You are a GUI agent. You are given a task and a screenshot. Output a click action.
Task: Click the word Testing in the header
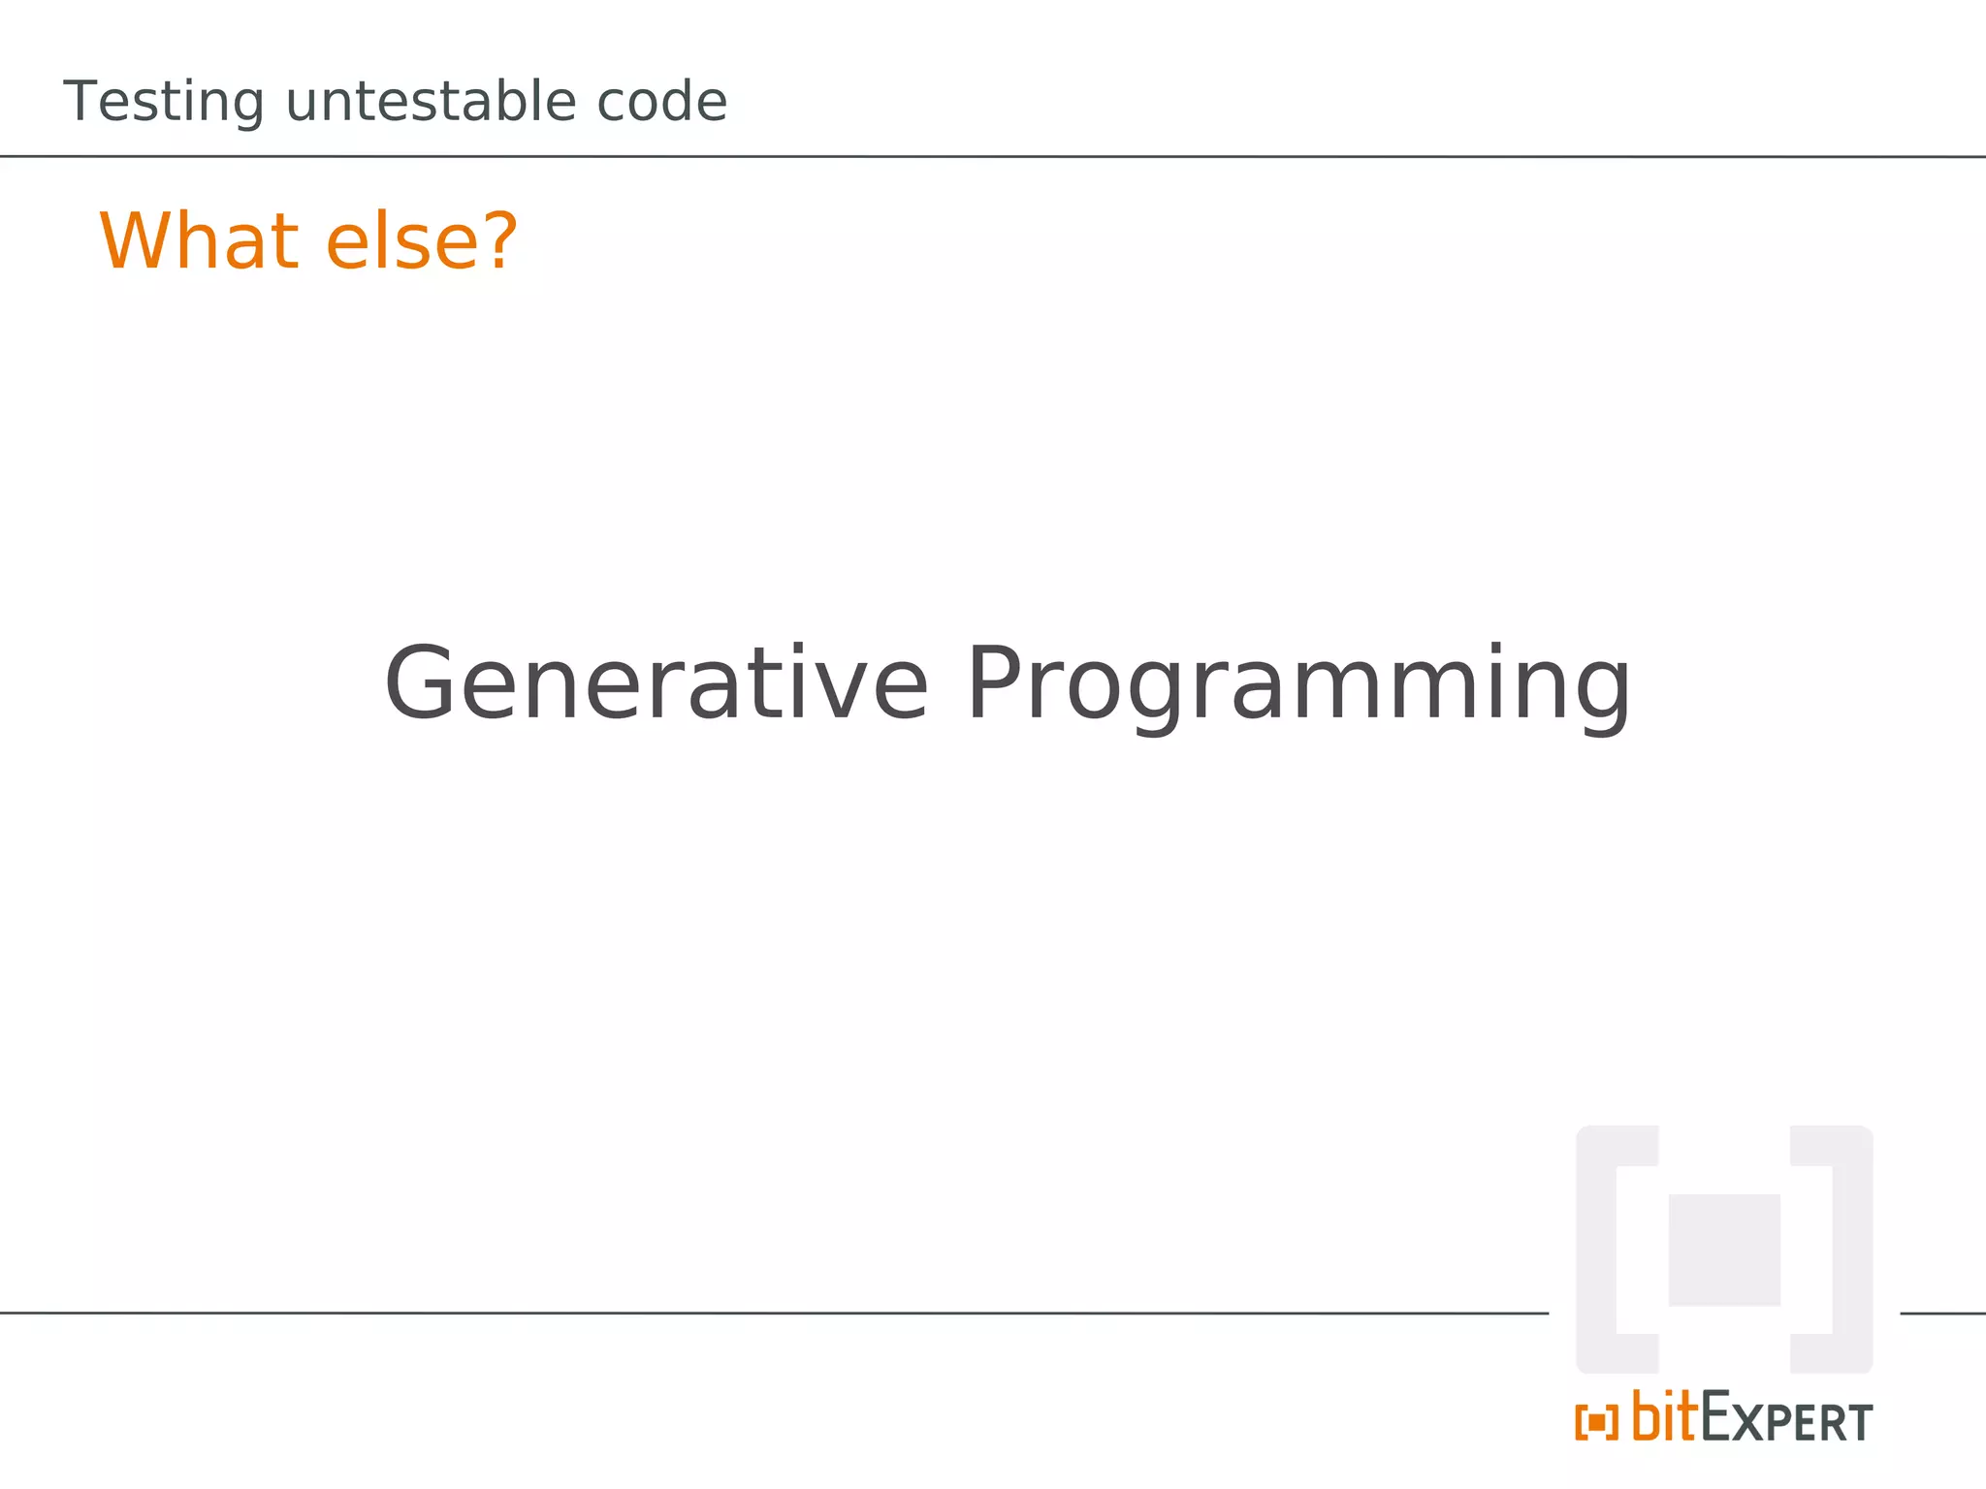tap(163, 103)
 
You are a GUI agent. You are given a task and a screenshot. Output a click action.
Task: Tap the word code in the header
tap(661, 102)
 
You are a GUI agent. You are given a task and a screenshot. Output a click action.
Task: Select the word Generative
tap(657, 684)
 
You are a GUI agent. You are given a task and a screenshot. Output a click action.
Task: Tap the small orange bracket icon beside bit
tap(1596, 1422)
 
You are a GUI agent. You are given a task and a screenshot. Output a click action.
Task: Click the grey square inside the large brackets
tap(1723, 1250)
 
